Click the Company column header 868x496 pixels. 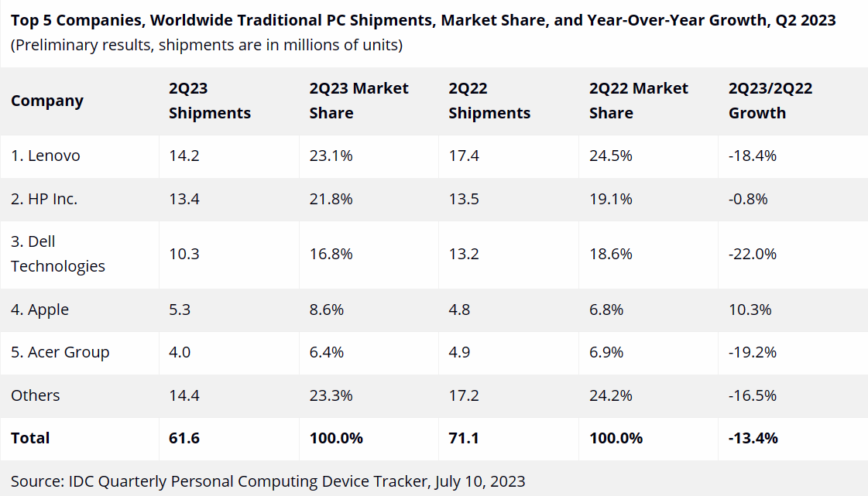(46, 101)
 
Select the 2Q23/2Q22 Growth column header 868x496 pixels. (770, 101)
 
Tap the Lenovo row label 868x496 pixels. (46, 156)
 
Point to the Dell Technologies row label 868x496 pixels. (58, 254)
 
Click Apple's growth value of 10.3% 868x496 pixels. (750, 310)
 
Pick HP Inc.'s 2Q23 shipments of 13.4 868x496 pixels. (185, 199)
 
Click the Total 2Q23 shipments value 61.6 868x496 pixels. (184, 438)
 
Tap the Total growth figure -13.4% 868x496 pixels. (753, 438)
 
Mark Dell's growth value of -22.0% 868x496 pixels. (753, 254)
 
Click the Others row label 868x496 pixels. (35, 395)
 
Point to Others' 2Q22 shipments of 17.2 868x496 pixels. (464, 395)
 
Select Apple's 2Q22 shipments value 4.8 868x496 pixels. (460, 310)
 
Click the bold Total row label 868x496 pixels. (30, 438)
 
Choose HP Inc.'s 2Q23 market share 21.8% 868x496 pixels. (331, 199)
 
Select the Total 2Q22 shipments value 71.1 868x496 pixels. (463, 438)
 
